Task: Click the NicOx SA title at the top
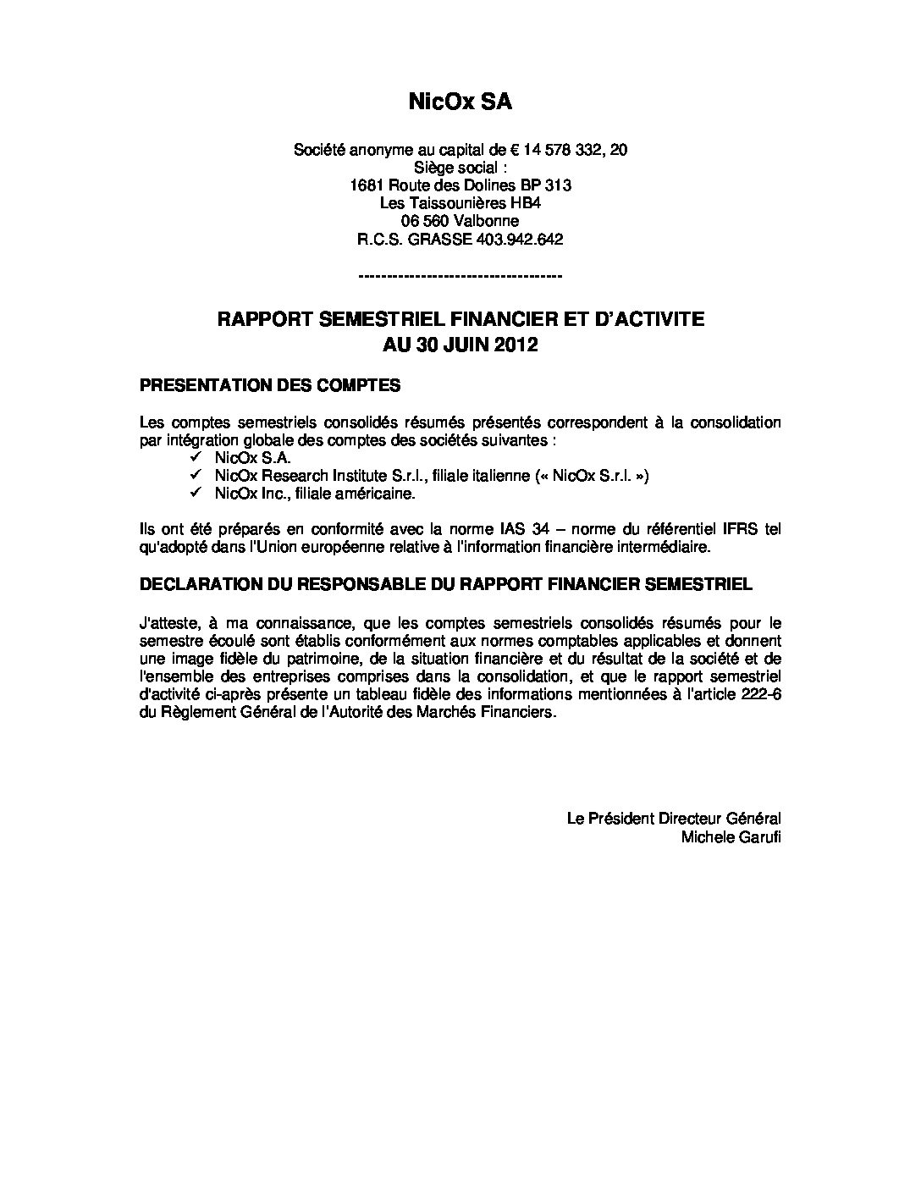pos(460,102)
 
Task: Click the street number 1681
pos(366,185)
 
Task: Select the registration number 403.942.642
pos(520,240)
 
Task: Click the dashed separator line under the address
pos(460,276)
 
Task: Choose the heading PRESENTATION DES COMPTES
pos(269,385)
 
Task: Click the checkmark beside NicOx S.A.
pos(196,458)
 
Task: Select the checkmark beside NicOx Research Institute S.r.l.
pos(196,476)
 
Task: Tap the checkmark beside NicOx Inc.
pos(196,494)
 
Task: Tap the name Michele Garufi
pos(731,837)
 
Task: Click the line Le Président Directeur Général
pos(673,819)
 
